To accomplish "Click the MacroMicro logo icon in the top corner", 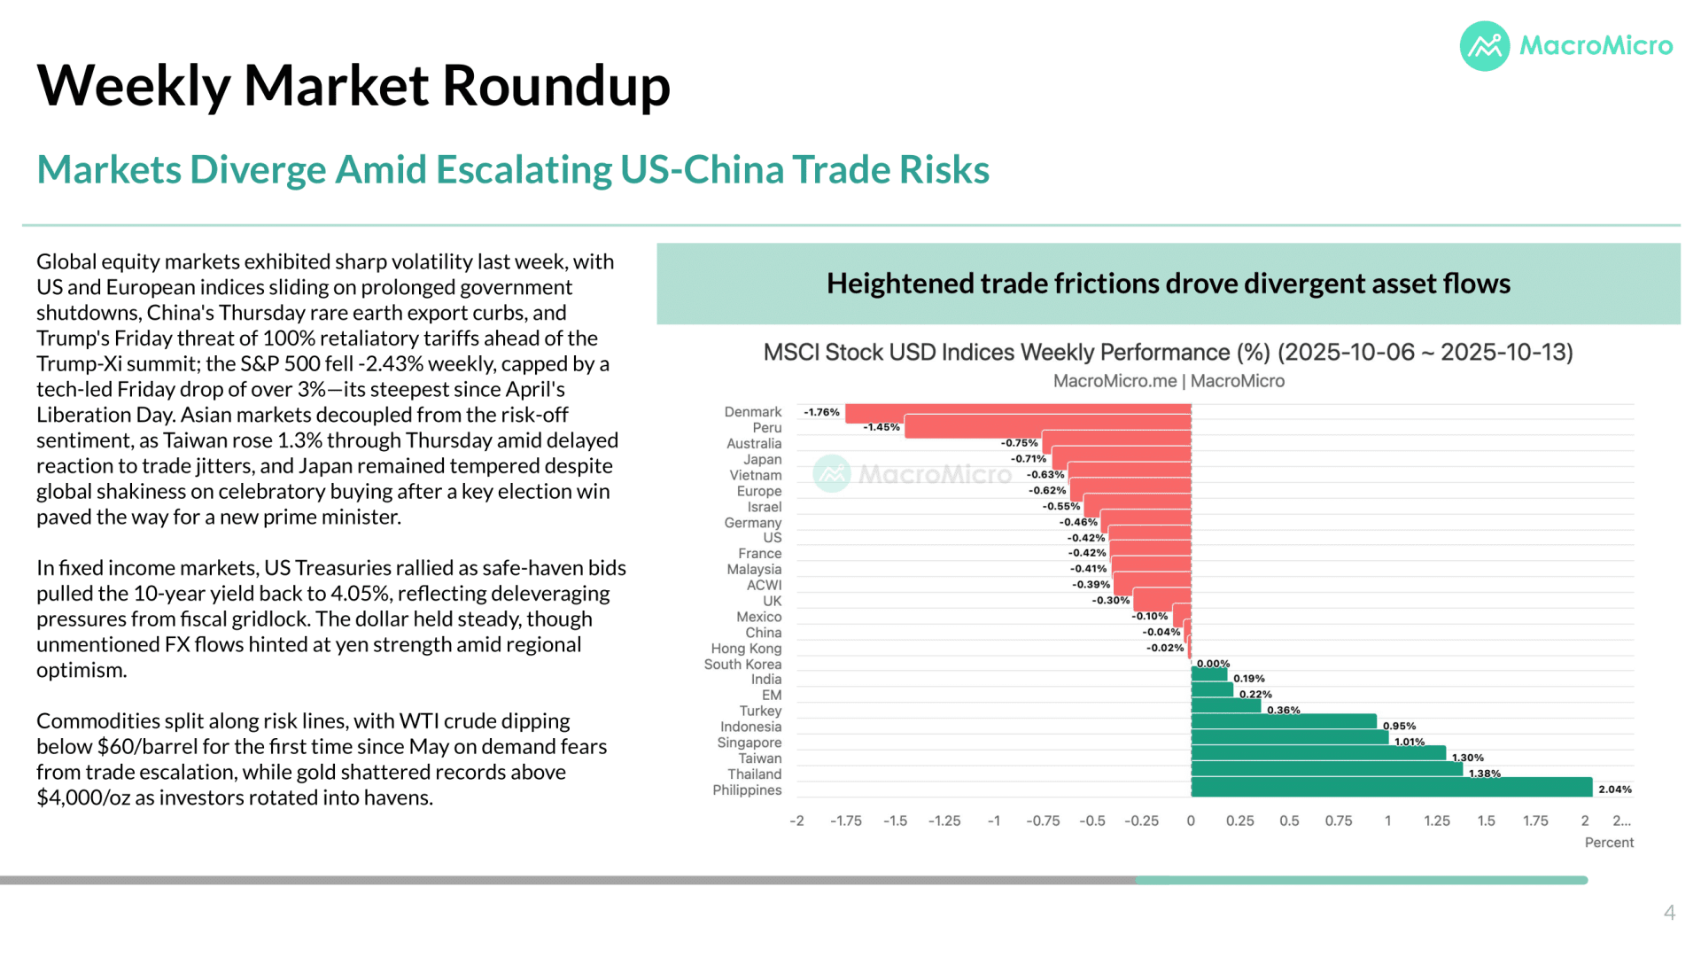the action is [1484, 46].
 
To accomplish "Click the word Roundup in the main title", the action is [555, 86].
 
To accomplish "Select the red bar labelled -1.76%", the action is [1018, 413].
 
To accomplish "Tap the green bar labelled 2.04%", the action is [1392, 787].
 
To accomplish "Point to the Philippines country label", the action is [747, 790].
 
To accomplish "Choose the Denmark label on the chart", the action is [753, 412].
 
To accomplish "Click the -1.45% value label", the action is [882, 427].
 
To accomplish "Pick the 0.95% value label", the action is [1399, 726].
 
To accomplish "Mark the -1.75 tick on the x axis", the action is [846, 821].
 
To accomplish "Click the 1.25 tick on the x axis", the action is [1437, 821].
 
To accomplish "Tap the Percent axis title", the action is [1609, 843].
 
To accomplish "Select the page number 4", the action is [1669, 913].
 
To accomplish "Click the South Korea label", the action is [742, 665].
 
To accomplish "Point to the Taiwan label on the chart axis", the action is [760, 759].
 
